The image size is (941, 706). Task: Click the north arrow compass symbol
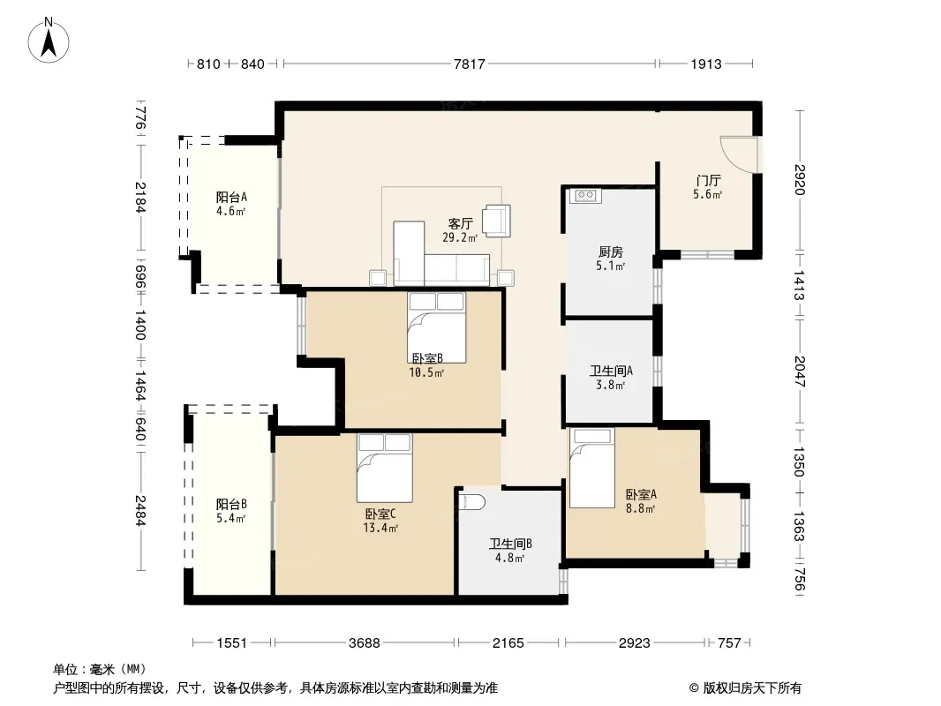[x=49, y=41]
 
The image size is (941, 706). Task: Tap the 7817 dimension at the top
[x=470, y=64]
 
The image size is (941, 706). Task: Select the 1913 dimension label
[x=706, y=64]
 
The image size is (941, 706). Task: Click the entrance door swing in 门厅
[x=740, y=154]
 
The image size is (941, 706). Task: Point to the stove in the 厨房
[x=585, y=196]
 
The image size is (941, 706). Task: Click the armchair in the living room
[x=497, y=221]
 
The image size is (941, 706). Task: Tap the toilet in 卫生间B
[x=471, y=501]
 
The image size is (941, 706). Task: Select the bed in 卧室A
[x=591, y=468]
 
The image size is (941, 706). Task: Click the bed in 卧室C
[x=385, y=468]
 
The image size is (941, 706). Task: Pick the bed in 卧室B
[x=436, y=327]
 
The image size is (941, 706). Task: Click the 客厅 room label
[x=460, y=224]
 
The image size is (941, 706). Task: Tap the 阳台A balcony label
[x=231, y=198]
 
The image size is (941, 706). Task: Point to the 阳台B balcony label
[x=231, y=505]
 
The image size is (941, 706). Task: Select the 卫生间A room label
[x=611, y=371]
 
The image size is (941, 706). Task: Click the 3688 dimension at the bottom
[x=365, y=643]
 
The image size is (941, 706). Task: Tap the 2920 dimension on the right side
[x=800, y=179]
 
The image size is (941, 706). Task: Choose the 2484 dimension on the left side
[x=139, y=510]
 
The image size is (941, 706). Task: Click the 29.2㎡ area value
[x=460, y=237]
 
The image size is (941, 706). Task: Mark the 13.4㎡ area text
[x=380, y=528]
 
